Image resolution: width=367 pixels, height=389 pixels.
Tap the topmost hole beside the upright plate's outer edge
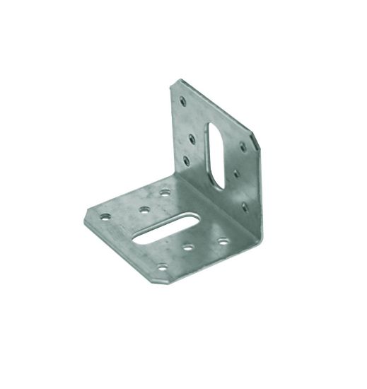click(x=182, y=102)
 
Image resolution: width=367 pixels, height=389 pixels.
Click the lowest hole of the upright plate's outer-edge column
click(x=187, y=161)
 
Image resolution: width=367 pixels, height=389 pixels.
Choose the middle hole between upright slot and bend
click(x=234, y=171)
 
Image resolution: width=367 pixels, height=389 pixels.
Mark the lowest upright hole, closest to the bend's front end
click(x=245, y=207)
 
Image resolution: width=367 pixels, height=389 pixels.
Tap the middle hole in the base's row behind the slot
click(x=144, y=209)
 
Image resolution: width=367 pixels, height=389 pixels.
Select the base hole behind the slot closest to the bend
click(x=165, y=192)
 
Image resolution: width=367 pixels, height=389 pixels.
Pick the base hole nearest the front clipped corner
click(x=162, y=267)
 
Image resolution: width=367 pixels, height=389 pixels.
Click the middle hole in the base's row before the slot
click(x=188, y=248)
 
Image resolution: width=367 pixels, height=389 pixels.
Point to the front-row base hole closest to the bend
click(x=223, y=240)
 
